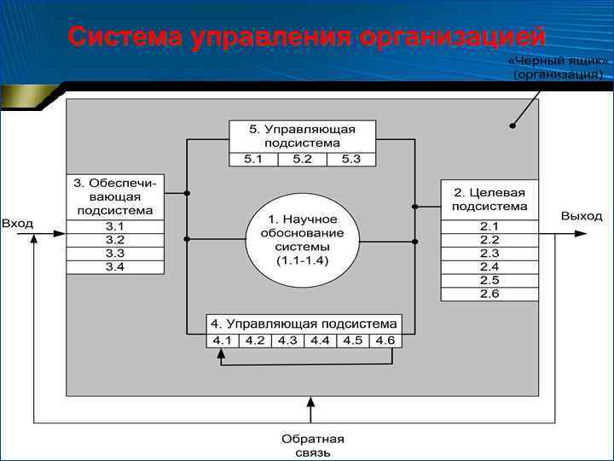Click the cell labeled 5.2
coord(302,159)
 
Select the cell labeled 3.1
coord(115,226)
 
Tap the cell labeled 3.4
coord(115,267)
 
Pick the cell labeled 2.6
coord(489,295)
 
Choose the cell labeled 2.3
coord(489,254)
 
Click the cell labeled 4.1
coord(223,341)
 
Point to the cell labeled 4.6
coord(385,341)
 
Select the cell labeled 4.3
coord(287,341)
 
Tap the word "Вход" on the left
coord(18,224)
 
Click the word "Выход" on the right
coord(581,217)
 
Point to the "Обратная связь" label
coord(312,446)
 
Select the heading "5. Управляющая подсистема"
coord(302,136)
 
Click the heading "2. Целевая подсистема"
coord(489,199)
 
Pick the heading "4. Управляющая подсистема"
coord(304,324)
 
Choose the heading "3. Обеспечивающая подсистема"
coord(115,196)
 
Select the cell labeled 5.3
coord(350,159)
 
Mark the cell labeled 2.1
coord(489,226)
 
